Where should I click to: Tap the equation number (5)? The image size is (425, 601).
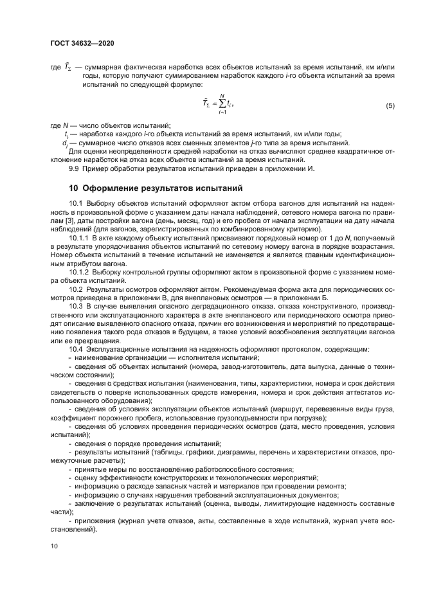click(x=390, y=105)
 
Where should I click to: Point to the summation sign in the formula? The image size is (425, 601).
click(x=221, y=103)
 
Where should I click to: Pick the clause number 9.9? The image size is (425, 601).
click(x=75, y=168)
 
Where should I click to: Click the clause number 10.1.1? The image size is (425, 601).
click(x=80, y=238)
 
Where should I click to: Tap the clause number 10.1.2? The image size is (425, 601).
click(x=80, y=272)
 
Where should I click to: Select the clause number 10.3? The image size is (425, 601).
click(x=76, y=305)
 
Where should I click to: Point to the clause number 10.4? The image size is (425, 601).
click(x=76, y=348)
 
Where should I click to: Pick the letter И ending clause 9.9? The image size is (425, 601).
click(x=310, y=168)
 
